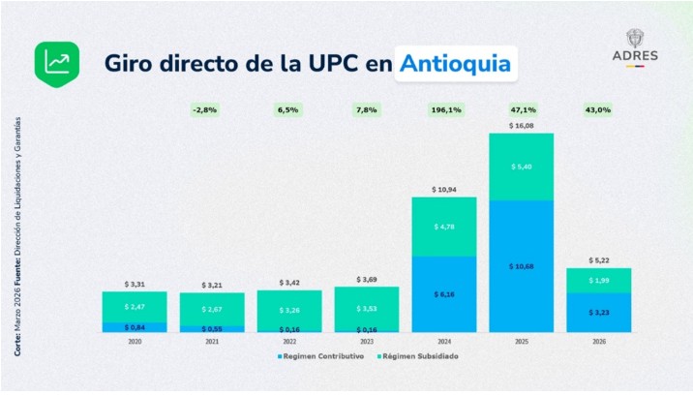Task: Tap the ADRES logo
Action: pyautogui.click(x=635, y=46)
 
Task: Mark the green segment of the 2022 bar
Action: pyautogui.click(x=288, y=309)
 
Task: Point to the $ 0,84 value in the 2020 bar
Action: pyautogui.click(x=135, y=327)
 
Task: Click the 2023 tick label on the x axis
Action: pyautogui.click(x=366, y=342)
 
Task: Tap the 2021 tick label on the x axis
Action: pyautogui.click(x=211, y=342)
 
